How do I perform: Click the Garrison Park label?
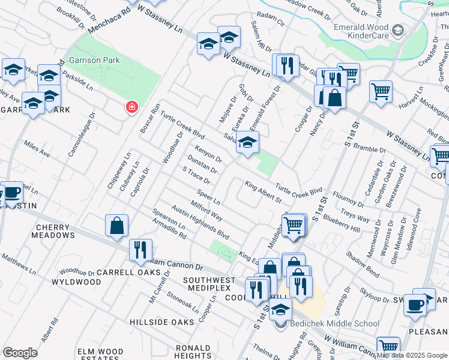pos(94,60)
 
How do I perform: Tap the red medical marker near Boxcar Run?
pos(131,107)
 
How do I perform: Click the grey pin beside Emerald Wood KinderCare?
pos(397,30)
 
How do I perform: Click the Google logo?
pos(20,353)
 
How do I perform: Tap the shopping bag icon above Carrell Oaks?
pos(117,226)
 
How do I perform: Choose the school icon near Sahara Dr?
pos(246,143)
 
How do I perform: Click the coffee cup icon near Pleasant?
pos(414,304)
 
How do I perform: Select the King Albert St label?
pos(262,191)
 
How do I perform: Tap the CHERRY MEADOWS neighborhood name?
pos(55,231)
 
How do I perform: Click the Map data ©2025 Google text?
pos(411,355)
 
